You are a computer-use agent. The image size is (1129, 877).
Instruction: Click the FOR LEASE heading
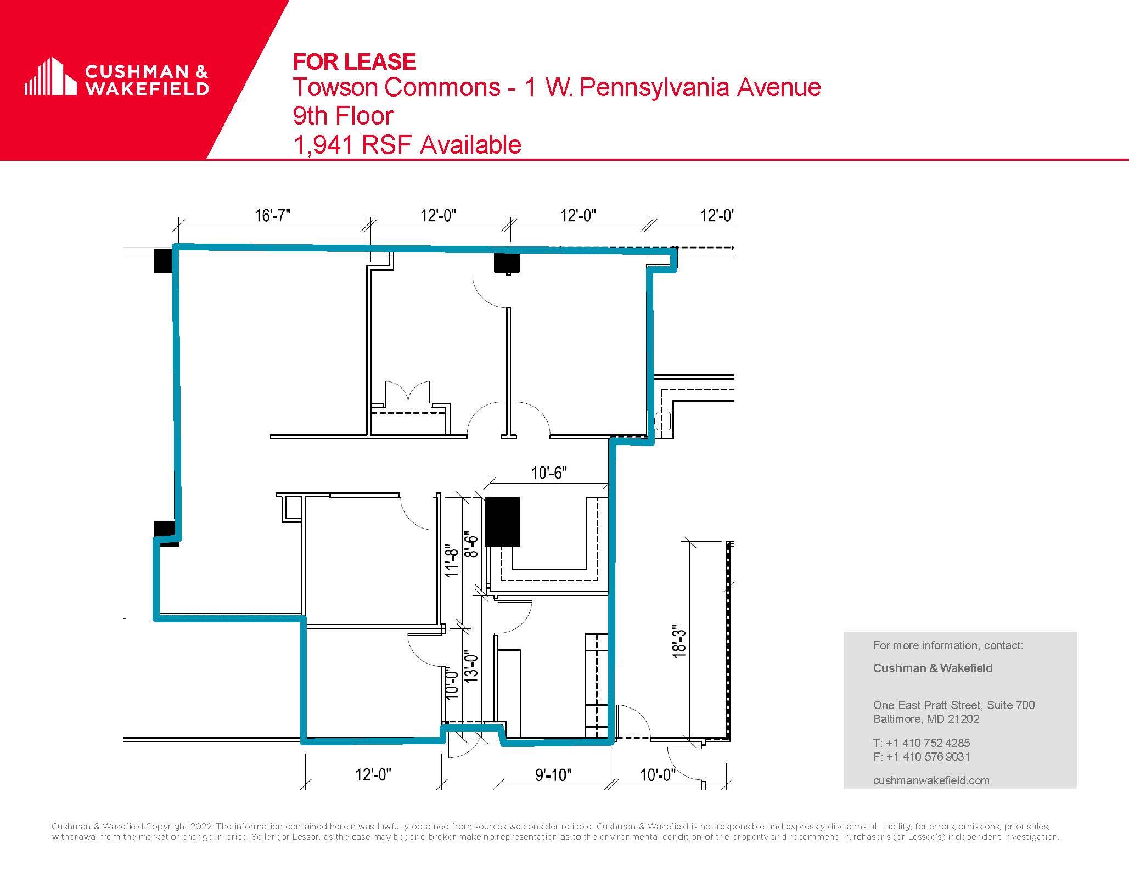tap(355, 61)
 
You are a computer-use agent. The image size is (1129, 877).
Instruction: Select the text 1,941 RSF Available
tap(407, 145)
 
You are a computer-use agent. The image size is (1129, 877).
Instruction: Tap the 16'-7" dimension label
tap(272, 215)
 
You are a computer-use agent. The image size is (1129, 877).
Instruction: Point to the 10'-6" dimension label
tap(549, 473)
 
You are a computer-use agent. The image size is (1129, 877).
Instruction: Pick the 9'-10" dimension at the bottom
tap(553, 775)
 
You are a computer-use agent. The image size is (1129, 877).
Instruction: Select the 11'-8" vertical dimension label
tap(451, 559)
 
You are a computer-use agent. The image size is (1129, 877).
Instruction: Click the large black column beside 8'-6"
tap(503, 521)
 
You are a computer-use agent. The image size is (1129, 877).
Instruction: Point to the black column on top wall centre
tap(507, 263)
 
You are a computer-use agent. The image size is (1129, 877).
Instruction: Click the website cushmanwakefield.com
tap(931, 780)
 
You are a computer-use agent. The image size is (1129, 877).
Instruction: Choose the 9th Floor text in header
tap(343, 116)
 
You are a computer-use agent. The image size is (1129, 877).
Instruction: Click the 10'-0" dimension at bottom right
tap(657, 775)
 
